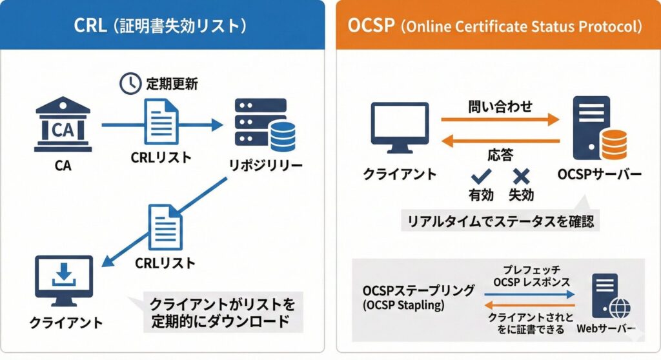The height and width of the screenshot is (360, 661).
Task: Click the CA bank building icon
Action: coord(63,126)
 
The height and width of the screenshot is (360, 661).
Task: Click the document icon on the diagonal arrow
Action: coord(164,226)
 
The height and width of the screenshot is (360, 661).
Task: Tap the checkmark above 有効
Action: coord(481,175)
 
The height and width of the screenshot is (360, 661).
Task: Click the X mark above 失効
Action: coord(520,175)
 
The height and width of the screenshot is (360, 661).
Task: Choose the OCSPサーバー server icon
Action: coord(595,128)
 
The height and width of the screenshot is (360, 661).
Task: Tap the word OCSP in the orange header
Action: coord(371,26)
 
